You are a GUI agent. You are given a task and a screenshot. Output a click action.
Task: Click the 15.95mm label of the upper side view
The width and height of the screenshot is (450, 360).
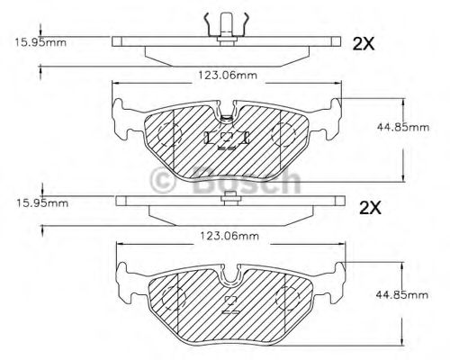point(39,41)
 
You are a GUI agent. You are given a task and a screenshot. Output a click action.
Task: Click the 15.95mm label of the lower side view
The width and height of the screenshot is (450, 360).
point(39,203)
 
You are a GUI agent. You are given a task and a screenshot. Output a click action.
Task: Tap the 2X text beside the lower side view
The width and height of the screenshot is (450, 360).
point(371,207)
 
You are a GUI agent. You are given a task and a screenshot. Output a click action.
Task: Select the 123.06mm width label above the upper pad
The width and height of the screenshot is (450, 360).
point(225,75)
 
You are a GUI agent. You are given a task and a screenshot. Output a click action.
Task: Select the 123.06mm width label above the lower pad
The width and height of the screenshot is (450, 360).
point(225,237)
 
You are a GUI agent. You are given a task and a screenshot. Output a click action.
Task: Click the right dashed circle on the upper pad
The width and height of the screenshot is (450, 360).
point(284,135)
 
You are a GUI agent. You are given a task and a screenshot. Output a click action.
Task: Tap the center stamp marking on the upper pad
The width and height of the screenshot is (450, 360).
point(226,137)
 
